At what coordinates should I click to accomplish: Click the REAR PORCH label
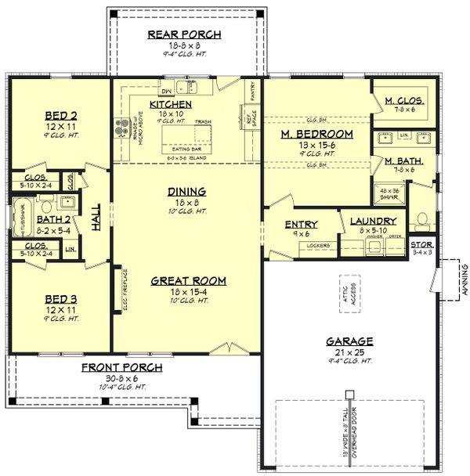[184, 34]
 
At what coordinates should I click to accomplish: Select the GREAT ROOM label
[188, 280]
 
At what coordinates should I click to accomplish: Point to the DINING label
[186, 191]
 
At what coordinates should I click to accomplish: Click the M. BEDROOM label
[316, 135]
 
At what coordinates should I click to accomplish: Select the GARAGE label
[350, 341]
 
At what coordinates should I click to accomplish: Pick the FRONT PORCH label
[121, 367]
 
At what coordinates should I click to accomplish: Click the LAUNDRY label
[372, 222]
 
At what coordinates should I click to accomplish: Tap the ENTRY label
[300, 225]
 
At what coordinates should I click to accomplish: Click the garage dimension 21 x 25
[350, 353]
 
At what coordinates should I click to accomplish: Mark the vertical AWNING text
[464, 279]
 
